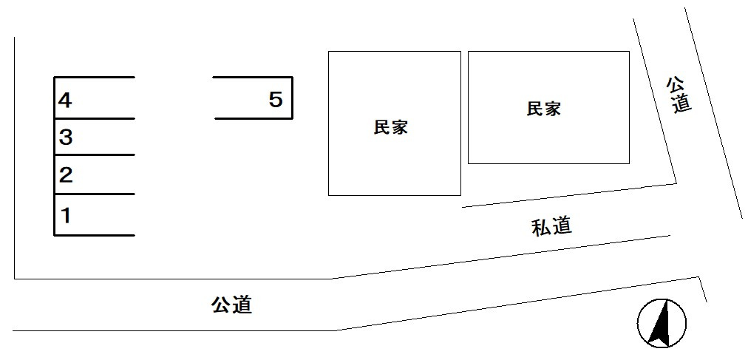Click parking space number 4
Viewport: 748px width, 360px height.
(93, 98)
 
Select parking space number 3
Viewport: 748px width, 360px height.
(93, 137)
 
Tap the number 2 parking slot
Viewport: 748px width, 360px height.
(93, 175)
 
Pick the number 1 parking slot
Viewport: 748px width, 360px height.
(93, 215)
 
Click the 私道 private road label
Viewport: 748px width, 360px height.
(551, 227)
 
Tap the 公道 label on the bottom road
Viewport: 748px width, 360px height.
(231, 304)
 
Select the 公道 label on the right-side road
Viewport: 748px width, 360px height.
(679, 94)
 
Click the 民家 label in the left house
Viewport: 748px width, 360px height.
(391, 127)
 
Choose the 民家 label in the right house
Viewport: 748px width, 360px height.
(543, 109)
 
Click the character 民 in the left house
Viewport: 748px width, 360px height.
(382, 127)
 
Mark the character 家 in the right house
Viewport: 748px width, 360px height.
(552, 109)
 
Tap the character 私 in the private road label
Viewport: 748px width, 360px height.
(541, 227)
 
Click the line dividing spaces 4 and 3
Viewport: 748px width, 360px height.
(95, 118)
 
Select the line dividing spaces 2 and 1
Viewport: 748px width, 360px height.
(95, 194)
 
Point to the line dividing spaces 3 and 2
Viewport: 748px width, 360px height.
(95, 154)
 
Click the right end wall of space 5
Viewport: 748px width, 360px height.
(293, 98)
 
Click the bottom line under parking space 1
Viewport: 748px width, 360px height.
(95, 235)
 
